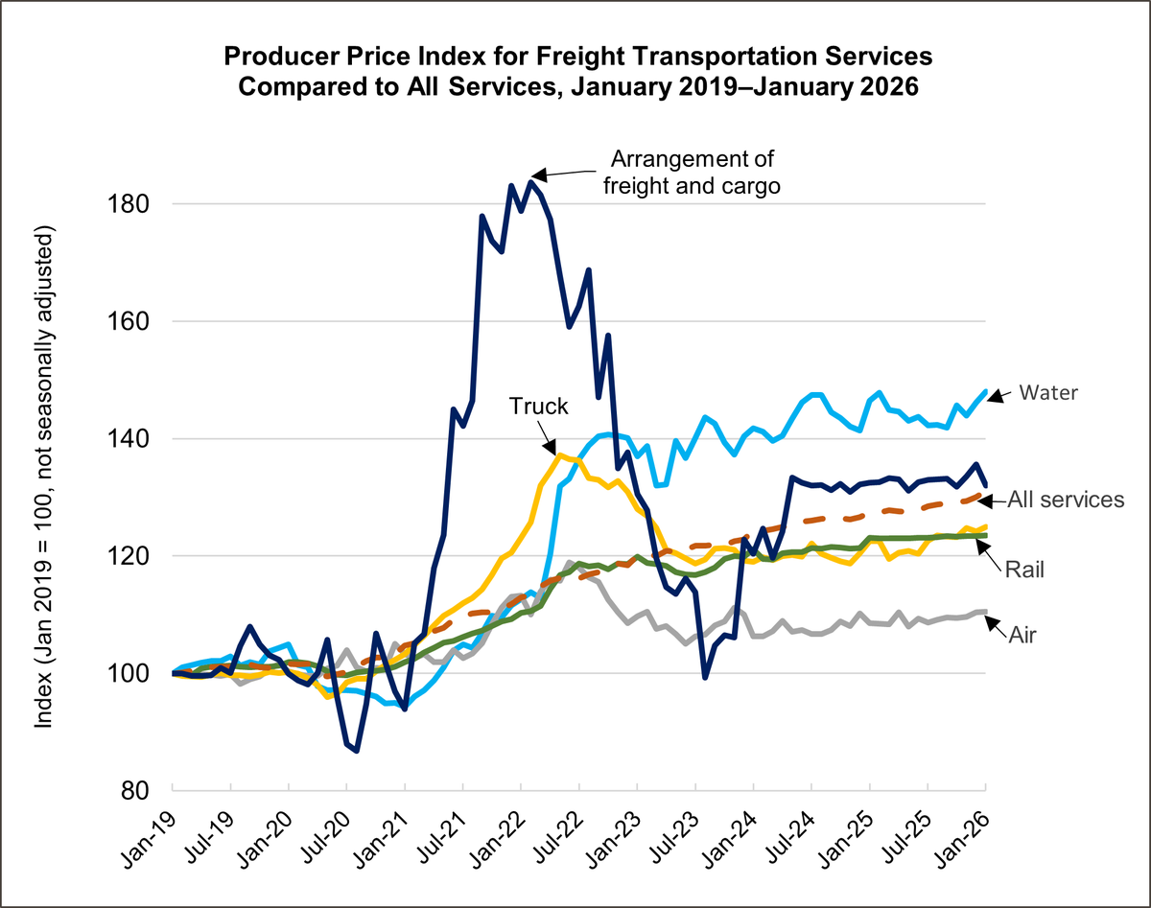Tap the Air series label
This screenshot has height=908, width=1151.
click(1022, 632)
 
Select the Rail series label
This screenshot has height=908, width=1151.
click(1024, 569)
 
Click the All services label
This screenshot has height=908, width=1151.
click(1065, 499)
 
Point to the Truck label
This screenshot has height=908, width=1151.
click(538, 407)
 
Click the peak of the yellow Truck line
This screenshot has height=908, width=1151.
click(560, 454)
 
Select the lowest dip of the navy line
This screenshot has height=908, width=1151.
click(357, 751)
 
